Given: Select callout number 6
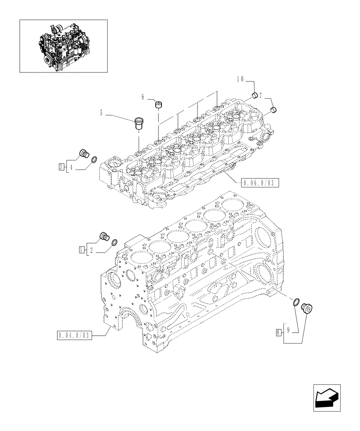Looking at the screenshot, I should pyautogui.click(x=143, y=98).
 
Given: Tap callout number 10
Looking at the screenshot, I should pyautogui.click(x=240, y=79).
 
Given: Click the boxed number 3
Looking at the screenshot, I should pyautogui.click(x=62, y=166).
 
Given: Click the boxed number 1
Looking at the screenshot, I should pyautogui.click(x=82, y=249).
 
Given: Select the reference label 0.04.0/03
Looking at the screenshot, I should pyautogui.click(x=74, y=335).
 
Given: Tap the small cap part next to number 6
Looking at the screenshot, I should pyautogui.click(x=159, y=104).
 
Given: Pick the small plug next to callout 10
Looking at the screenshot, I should pyautogui.click(x=254, y=95).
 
